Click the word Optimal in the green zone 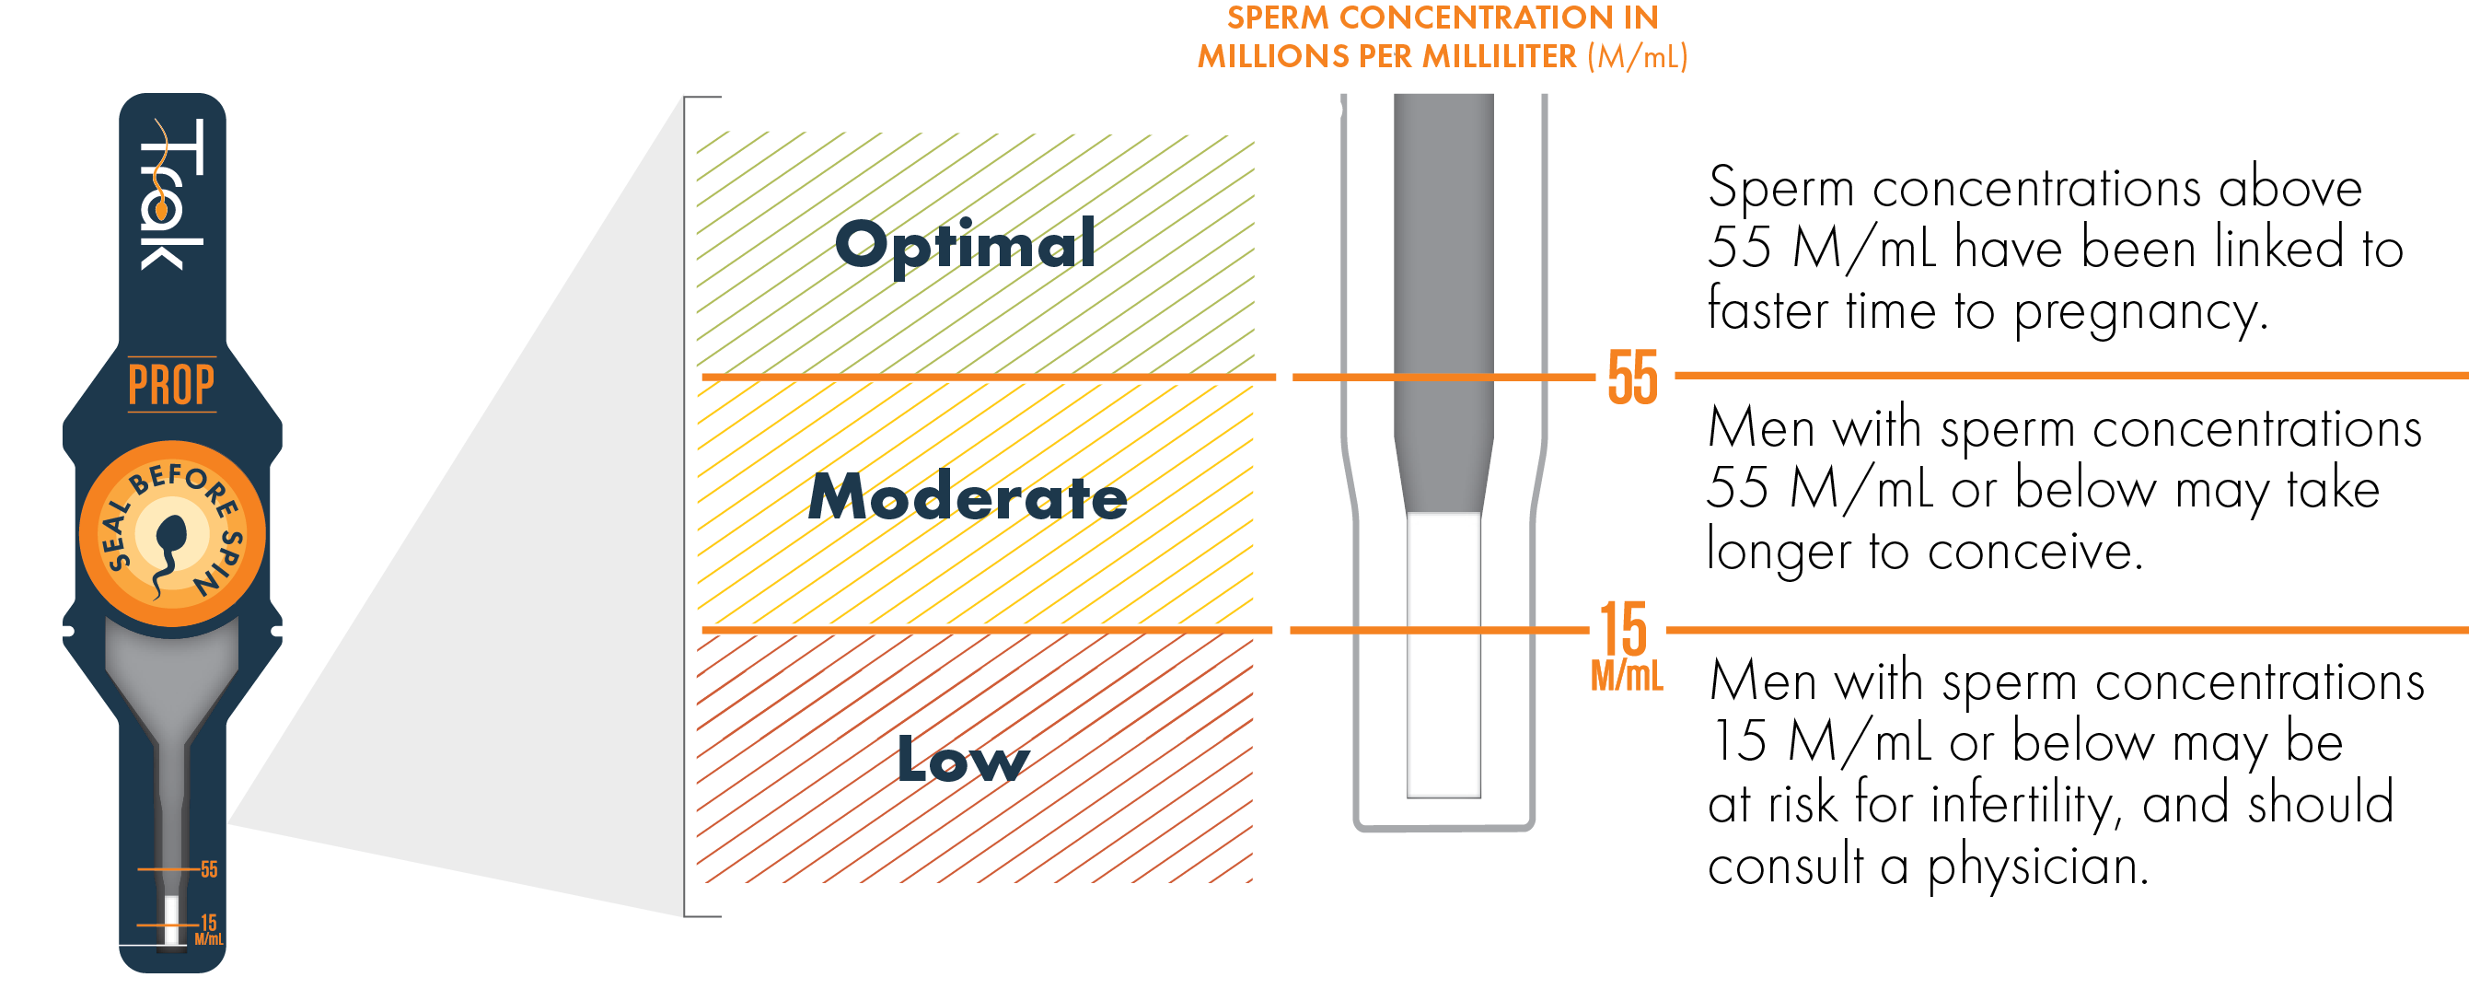tap(965, 244)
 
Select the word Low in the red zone tap(962, 760)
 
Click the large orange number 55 tap(1632, 378)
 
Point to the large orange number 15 tap(1623, 630)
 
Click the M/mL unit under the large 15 tap(1627, 677)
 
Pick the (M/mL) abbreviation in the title tap(1637, 56)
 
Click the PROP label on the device tap(171, 385)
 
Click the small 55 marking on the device tap(209, 869)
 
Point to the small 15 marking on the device tap(209, 923)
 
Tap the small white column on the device tap(171, 920)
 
